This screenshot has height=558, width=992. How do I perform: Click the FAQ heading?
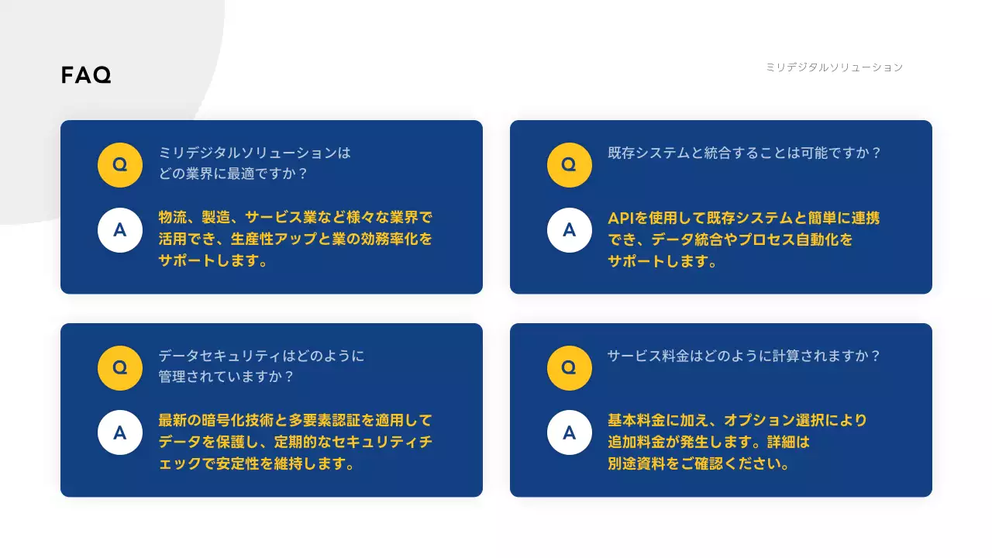(86, 75)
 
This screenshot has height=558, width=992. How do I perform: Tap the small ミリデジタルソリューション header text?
(834, 67)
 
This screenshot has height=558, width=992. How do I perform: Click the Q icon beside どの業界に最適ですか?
(120, 165)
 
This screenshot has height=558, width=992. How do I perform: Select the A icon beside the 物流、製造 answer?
(120, 230)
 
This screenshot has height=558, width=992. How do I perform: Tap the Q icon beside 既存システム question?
(570, 165)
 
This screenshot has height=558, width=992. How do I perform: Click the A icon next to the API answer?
(570, 230)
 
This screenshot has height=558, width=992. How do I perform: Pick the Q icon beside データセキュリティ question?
(120, 368)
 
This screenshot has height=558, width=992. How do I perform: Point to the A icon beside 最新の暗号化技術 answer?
(120, 432)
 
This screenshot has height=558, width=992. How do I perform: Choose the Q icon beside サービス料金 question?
(570, 368)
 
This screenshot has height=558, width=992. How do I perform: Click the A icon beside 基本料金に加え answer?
(570, 432)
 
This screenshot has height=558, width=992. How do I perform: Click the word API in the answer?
(622, 219)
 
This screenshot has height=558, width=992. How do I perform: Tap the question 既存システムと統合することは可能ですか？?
(745, 153)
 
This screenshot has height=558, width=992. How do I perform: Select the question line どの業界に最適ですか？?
(233, 174)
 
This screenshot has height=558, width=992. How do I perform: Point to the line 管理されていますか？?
(226, 377)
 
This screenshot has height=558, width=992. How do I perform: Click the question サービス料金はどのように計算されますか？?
(744, 356)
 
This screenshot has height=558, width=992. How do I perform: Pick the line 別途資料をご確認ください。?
(698, 465)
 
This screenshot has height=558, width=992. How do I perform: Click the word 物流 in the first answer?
(172, 219)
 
